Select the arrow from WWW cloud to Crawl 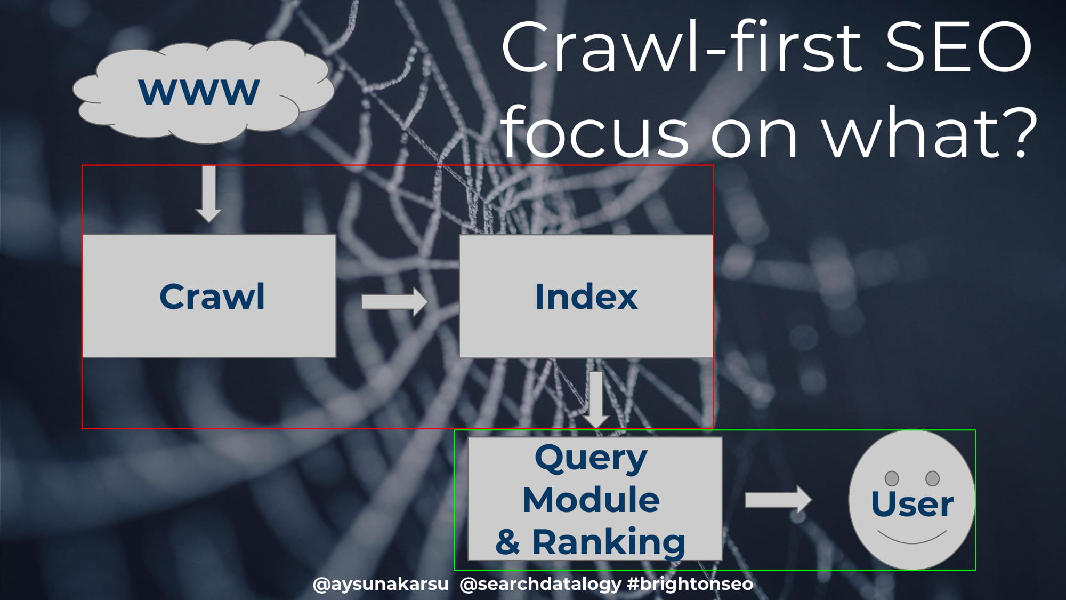(208, 194)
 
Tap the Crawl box (209, 296)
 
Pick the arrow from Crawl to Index (394, 302)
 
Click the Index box (586, 296)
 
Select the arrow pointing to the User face (778, 500)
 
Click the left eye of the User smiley (892, 478)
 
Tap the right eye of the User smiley (933, 478)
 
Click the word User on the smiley (912, 504)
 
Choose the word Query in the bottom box (591, 459)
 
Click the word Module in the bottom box (591, 500)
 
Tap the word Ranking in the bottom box (609, 542)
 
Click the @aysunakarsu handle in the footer (381, 585)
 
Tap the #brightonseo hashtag (690, 585)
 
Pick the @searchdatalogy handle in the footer (540, 585)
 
